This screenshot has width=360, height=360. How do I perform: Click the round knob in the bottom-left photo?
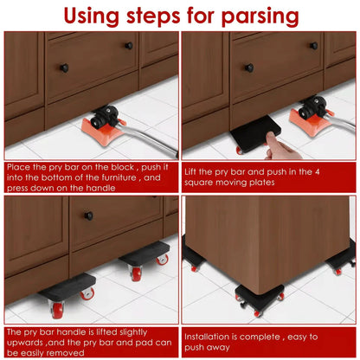point(88,216)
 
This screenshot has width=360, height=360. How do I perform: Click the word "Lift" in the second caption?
point(193,171)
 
